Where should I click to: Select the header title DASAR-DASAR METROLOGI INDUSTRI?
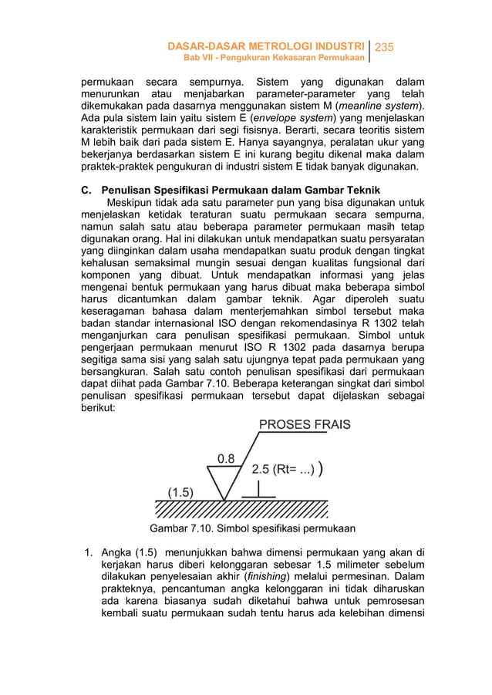[x=266, y=48]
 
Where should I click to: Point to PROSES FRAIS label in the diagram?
[x=304, y=424]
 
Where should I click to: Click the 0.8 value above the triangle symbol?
[x=227, y=458]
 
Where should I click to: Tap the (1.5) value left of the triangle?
[x=181, y=491]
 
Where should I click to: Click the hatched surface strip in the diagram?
[x=241, y=509]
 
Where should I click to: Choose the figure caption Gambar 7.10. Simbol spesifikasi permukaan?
[x=252, y=528]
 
